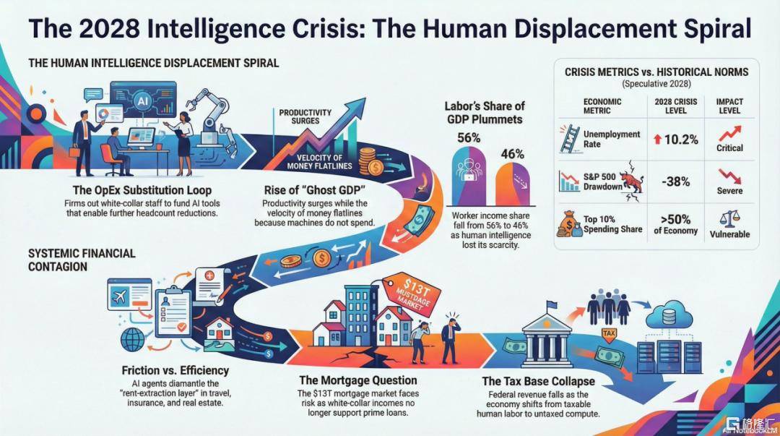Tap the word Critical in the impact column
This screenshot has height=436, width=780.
click(729, 148)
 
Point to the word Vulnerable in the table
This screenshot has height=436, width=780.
click(729, 234)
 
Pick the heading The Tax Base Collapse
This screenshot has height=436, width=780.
click(538, 381)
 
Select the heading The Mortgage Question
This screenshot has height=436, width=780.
click(358, 380)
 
